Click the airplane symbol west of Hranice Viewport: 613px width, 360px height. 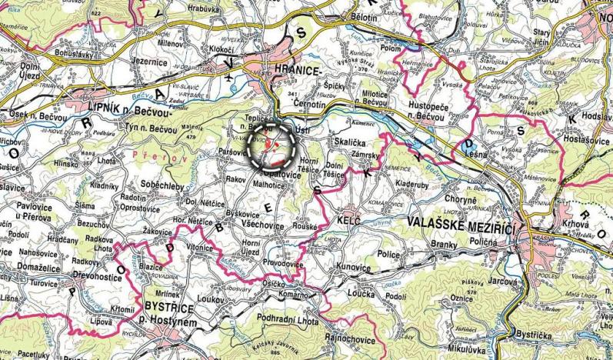(232, 78)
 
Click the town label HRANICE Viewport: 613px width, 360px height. (294, 70)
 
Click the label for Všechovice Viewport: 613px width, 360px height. (262, 225)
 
